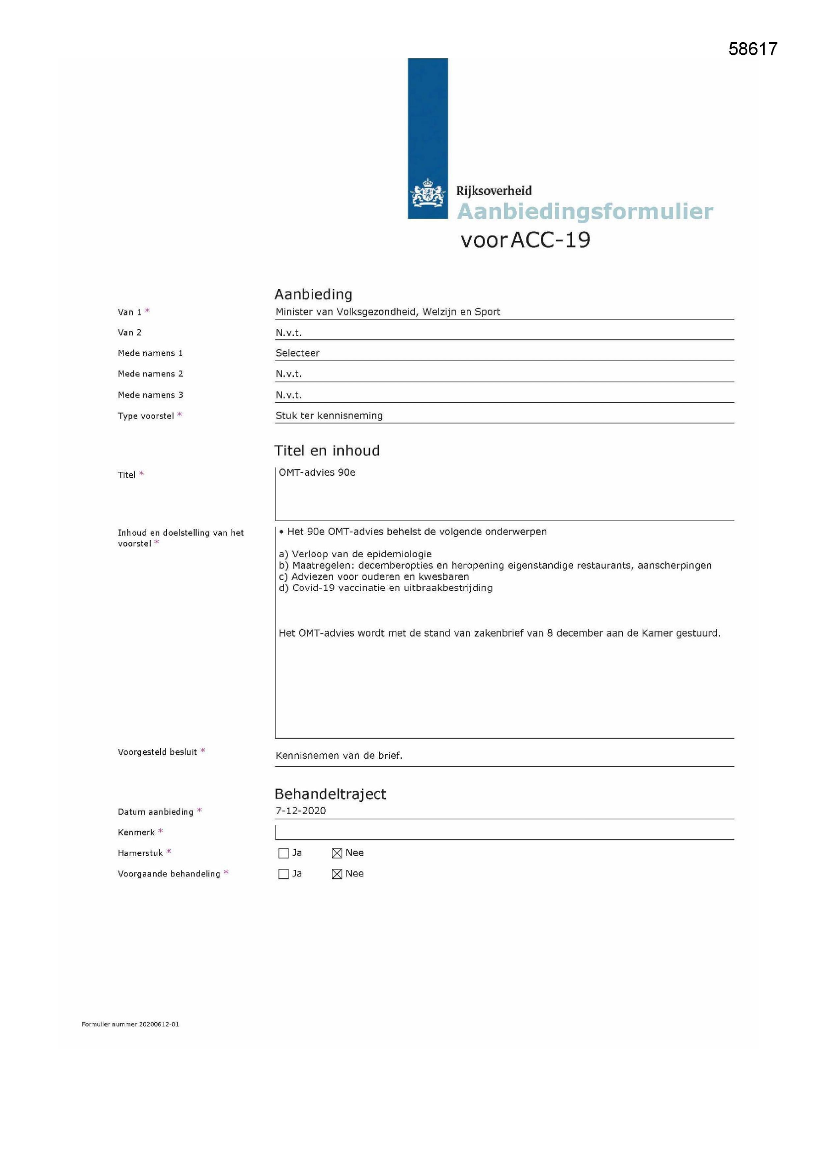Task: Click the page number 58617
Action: click(x=753, y=49)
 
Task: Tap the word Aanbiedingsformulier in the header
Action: click(x=584, y=211)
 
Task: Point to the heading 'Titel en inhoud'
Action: click(x=327, y=451)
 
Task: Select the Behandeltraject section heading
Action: click(x=330, y=794)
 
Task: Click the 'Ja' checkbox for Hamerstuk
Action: click(x=283, y=853)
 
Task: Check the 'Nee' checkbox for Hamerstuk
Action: click(x=337, y=853)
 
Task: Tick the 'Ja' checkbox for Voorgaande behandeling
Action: click(x=283, y=874)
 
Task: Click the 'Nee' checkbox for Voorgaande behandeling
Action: click(x=337, y=874)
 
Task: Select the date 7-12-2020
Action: click(x=300, y=810)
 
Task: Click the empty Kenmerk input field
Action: click(x=503, y=832)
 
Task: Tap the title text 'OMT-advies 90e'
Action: click(x=317, y=472)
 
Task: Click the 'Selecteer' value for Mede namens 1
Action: click(x=297, y=353)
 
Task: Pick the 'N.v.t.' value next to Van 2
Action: click(x=288, y=332)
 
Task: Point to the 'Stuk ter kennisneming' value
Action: click(x=329, y=415)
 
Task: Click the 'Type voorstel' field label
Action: click(x=146, y=416)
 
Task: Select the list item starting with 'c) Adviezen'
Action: click(x=374, y=577)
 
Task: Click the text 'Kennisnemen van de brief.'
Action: click(x=339, y=755)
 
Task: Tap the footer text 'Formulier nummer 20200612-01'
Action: click(x=130, y=1024)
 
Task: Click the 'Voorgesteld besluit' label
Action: click(x=158, y=752)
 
